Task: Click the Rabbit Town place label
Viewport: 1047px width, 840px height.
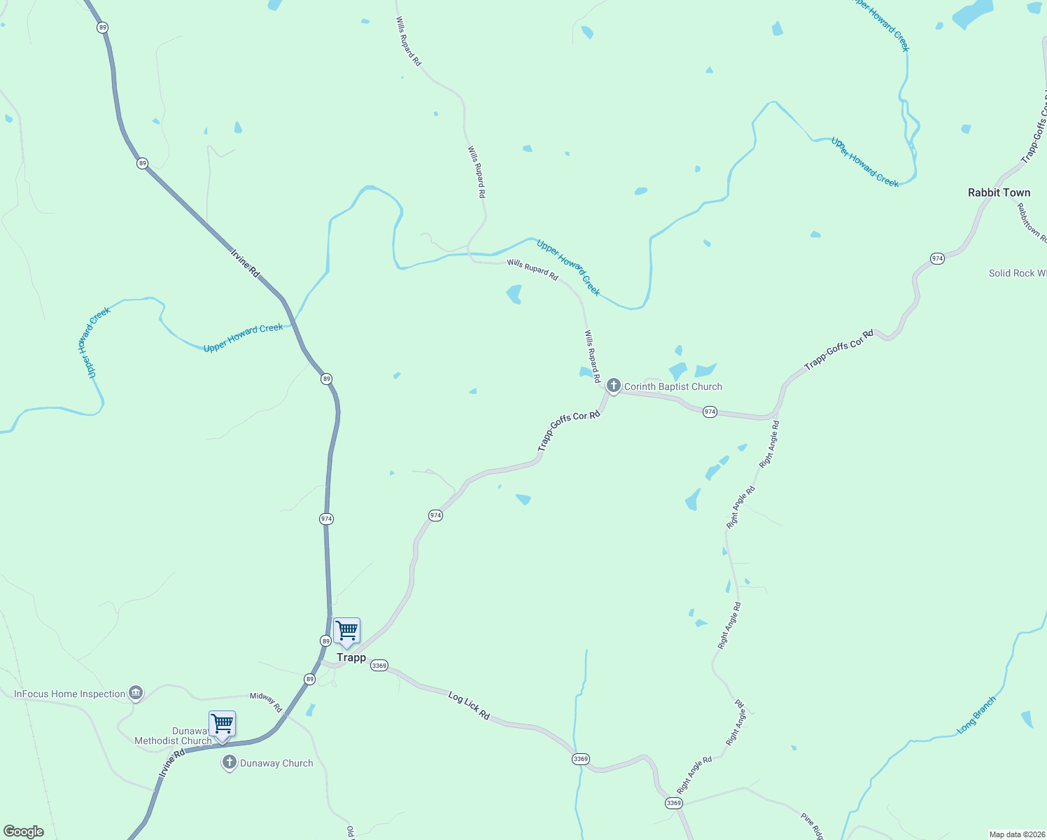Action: click(999, 192)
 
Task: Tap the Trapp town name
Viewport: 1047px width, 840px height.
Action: click(351, 657)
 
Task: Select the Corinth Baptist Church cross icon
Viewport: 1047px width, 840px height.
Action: click(613, 385)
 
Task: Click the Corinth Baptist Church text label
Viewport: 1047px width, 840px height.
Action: click(673, 386)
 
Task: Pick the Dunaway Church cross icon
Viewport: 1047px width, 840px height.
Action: click(229, 762)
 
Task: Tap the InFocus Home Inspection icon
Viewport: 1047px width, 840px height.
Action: click(136, 693)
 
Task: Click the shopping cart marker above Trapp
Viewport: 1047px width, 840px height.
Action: click(346, 631)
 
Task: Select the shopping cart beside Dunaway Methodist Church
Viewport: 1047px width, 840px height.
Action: click(222, 724)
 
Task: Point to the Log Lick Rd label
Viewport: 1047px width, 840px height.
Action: click(469, 706)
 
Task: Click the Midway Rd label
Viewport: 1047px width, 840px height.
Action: click(266, 701)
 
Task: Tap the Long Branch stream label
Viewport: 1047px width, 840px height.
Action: click(976, 715)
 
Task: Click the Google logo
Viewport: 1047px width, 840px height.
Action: click(24, 832)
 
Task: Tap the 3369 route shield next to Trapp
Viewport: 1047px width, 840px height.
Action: click(379, 665)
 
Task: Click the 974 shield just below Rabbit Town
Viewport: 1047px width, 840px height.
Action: click(937, 258)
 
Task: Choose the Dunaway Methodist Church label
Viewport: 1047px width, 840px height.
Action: click(173, 736)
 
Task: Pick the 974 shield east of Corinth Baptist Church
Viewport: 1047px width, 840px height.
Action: click(710, 412)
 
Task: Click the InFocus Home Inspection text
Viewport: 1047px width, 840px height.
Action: click(70, 694)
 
